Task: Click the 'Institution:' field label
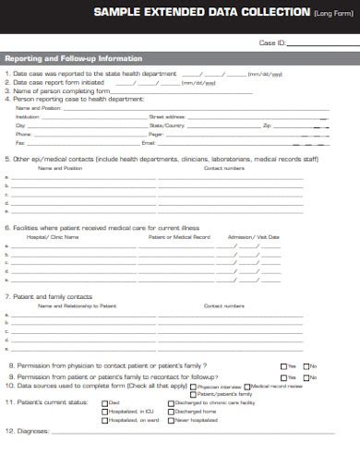coord(29,117)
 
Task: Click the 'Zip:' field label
coord(267,125)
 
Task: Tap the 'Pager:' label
coord(155,135)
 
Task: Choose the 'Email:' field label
coord(149,143)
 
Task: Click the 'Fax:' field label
coord(20,143)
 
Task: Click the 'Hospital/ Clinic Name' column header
coord(53,237)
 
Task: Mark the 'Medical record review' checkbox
coord(246,386)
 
